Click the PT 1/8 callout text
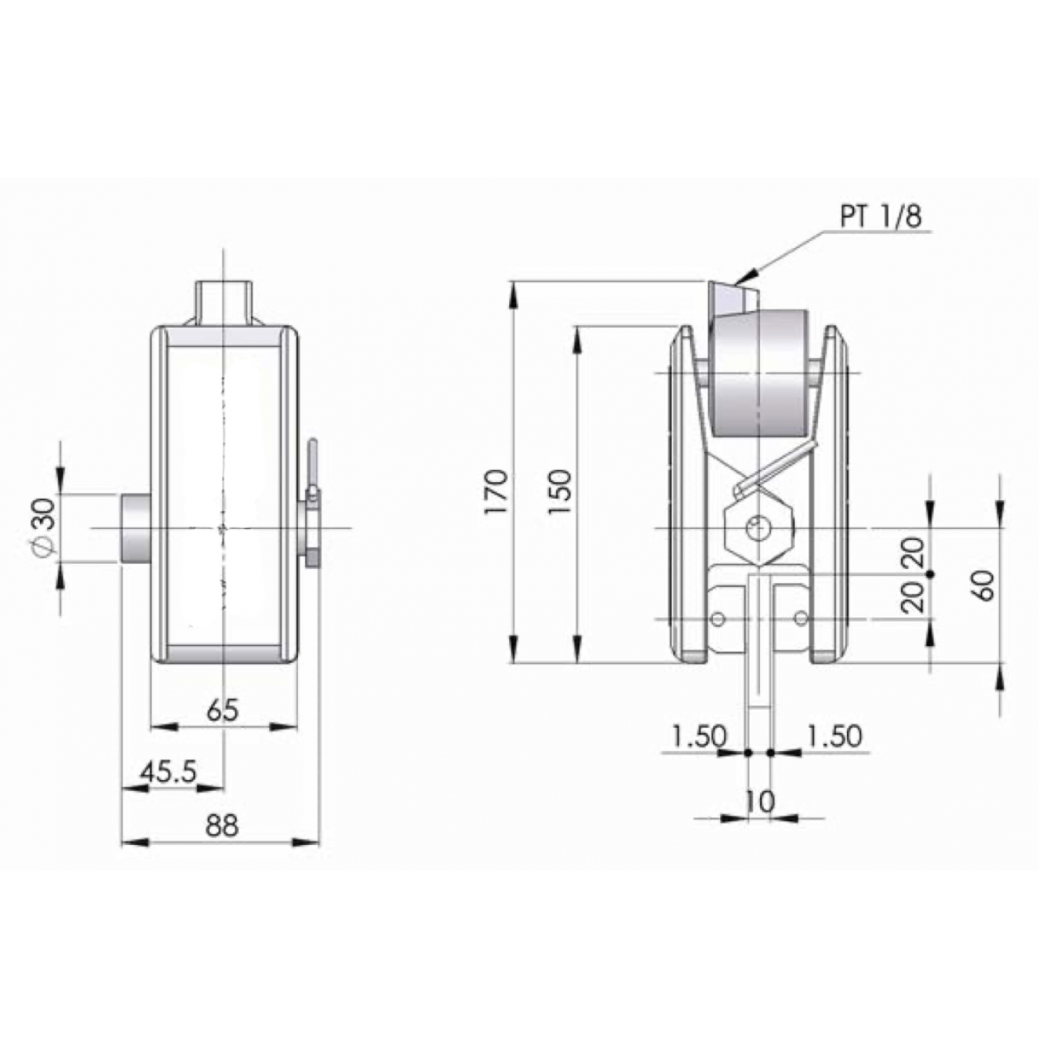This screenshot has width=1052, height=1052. pyautogui.click(x=880, y=216)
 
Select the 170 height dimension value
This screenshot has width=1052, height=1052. pyautogui.click(x=497, y=491)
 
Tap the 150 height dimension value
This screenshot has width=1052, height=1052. pyautogui.click(x=560, y=491)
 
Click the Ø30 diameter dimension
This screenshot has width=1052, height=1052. pyautogui.click(x=45, y=528)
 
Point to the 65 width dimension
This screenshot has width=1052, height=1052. pyautogui.click(x=223, y=710)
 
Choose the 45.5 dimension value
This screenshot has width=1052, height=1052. pyautogui.click(x=168, y=772)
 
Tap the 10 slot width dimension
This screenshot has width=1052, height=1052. pyautogui.click(x=759, y=802)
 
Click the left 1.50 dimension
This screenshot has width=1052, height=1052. pyautogui.click(x=699, y=735)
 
